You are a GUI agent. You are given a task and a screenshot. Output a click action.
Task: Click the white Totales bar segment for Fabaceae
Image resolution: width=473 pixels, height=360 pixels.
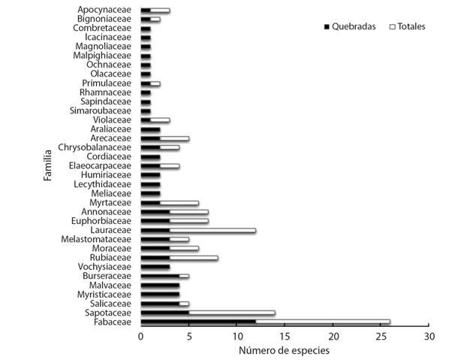323,322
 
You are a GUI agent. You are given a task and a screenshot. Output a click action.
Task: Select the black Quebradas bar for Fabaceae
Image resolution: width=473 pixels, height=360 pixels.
198,322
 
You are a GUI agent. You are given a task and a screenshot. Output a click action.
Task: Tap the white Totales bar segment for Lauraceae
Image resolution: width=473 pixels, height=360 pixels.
212,231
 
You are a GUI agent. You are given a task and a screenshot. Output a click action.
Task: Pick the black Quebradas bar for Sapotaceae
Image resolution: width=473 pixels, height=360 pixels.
164,313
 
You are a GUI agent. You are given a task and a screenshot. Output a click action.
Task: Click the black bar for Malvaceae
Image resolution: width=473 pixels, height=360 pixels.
160,286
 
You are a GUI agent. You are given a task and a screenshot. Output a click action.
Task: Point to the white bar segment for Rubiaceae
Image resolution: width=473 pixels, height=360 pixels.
194,258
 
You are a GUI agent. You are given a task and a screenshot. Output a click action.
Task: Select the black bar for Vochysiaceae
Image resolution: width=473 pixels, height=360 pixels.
155,267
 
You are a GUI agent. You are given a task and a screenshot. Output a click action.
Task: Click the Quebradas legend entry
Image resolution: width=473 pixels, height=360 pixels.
350,26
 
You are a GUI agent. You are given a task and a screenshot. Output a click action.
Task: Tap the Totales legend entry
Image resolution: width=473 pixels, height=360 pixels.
408,26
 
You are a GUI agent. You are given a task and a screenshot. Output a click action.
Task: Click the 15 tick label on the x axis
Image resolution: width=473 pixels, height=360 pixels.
285,337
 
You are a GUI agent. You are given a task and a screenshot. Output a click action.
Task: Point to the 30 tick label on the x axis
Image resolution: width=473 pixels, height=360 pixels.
429,337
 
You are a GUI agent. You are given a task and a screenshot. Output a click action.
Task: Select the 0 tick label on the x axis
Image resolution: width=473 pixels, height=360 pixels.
141,337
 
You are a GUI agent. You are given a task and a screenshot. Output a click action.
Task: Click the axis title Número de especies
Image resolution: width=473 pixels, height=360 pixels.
284,351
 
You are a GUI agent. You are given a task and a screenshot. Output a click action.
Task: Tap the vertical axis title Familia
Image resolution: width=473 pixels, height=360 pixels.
47,165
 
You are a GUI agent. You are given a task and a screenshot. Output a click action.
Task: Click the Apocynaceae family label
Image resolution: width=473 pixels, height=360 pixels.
104,10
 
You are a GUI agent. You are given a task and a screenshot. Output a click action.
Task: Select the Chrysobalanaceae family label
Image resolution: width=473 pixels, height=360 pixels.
95,148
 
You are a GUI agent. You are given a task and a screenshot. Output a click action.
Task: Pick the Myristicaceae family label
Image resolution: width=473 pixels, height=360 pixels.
104,295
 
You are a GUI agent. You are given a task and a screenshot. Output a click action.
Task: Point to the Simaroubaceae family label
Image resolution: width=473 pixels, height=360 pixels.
101,110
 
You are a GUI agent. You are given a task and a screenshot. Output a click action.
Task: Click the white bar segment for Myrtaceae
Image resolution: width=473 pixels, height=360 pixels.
179,203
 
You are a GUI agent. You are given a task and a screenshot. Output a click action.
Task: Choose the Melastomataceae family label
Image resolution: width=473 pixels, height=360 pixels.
96,240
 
